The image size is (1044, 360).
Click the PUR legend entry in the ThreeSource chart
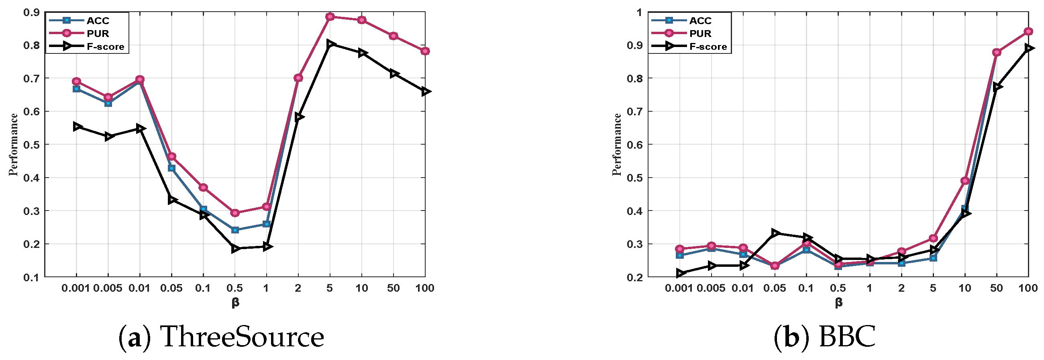click(x=98, y=33)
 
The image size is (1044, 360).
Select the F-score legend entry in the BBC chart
click(x=708, y=47)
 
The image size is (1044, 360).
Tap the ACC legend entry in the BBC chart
click(x=700, y=20)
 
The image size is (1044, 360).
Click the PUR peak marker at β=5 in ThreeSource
click(x=330, y=16)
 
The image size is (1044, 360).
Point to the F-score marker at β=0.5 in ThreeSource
click(x=235, y=248)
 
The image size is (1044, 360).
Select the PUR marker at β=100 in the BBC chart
click(x=1028, y=31)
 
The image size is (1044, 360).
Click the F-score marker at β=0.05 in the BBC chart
click(x=775, y=233)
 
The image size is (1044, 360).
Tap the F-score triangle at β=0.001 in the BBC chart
click(x=680, y=273)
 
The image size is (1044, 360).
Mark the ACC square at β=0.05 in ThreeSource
click(x=171, y=168)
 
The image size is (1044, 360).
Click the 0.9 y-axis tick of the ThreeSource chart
click(x=31, y=12)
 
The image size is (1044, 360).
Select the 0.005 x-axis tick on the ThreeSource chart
click(x=108, y=288)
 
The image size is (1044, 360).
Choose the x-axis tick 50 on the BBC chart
click(x=996, y=288)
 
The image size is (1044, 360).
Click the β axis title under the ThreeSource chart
click(x=235, y=302)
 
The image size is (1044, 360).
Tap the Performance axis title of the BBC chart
click(x=617, y=144)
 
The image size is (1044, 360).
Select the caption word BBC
click(x=847, y=337)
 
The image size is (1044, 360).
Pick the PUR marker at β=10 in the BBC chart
click(x=965, y=180)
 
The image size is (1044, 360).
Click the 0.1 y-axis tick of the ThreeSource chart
click(x=31, y=277)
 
